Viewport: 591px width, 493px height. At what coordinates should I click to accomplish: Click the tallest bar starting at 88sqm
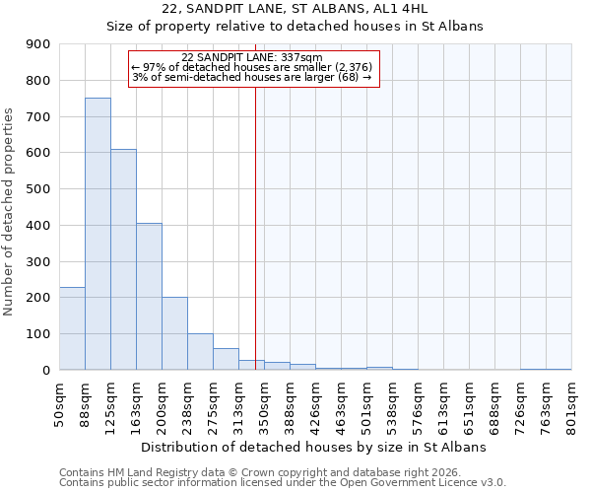tap(98, 234)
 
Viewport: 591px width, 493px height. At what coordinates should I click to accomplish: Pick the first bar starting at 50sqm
tap(72, 328)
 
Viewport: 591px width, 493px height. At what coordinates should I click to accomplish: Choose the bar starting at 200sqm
tap(174, 333)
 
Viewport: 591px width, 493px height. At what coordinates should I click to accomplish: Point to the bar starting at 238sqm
tap(200, 351)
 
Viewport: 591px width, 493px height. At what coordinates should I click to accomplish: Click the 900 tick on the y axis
tap(38, 44)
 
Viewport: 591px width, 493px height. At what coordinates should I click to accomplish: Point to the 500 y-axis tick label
tap(38, 189)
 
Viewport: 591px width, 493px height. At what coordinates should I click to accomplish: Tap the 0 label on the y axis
tap(46, 370)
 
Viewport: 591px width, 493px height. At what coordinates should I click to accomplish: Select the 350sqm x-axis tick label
tap(264, 401)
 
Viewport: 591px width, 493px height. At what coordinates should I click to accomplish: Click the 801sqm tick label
tap(571, 401)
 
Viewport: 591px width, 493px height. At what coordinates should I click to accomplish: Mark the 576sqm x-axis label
tap(418, 401)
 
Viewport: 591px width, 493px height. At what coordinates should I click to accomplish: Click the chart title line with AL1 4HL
tap(295, 9)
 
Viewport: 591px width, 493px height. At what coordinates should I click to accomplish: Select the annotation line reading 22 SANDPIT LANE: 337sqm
tap(252, 57)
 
